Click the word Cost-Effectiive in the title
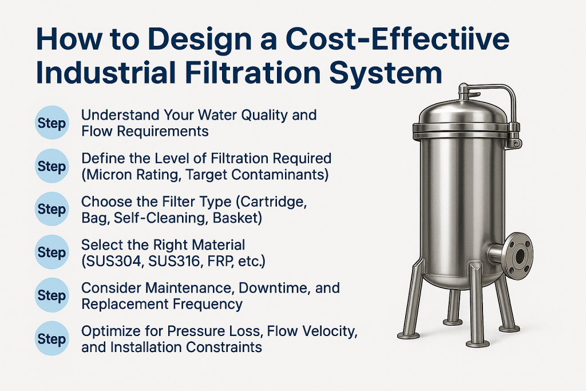[397, 40]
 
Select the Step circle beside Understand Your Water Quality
[52, 123]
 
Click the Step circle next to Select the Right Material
[52, 252]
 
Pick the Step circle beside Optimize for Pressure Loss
[52, 338]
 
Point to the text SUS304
[112, 261]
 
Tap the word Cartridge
[272, 202]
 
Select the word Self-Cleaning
[160, 218]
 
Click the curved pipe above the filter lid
[493, 98]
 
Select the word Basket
[237, 218]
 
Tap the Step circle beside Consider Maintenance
[52, 295]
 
